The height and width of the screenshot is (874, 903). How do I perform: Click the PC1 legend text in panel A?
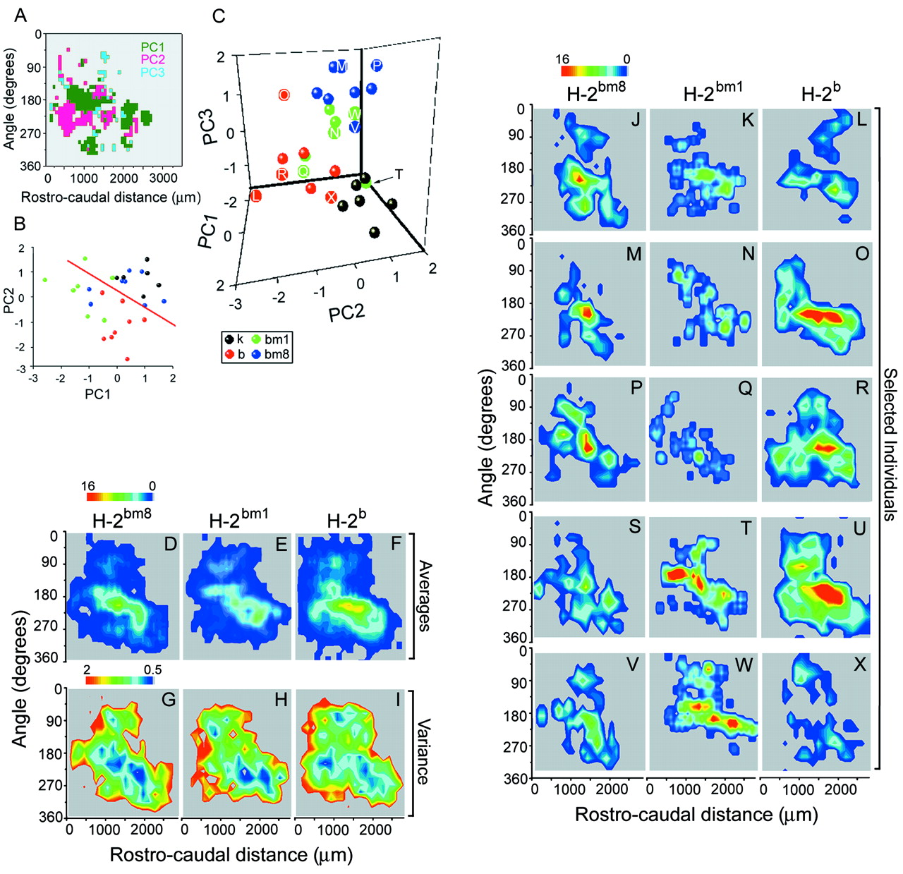click(x=152, y=47)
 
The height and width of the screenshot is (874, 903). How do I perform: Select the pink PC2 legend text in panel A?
click(x=152, y=60)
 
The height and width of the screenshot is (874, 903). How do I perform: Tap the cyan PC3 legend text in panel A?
click(x=152, y=72)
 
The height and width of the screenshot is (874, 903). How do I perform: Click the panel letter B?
click(x=20, y=224)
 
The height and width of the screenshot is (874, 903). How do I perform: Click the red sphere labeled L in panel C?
click(x=255, y=195)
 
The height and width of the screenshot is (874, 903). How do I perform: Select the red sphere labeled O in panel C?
click(x=284, y=95)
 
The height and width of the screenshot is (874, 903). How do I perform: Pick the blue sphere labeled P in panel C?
click(x=377, y=66)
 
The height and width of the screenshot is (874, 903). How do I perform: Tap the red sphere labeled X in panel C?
click(x=331, y=198)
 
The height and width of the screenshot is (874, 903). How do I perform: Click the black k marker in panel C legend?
click(x=229, y=339)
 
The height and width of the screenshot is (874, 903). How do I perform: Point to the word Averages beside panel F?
click(x=424, y=596)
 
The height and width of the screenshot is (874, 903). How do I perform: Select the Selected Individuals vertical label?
click(x=890, y=444)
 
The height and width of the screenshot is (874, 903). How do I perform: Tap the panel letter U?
click(x=859, y=528)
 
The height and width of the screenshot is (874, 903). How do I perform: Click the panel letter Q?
click(x=745, y=389)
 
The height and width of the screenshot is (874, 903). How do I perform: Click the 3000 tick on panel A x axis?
click(x=163, y=178)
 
